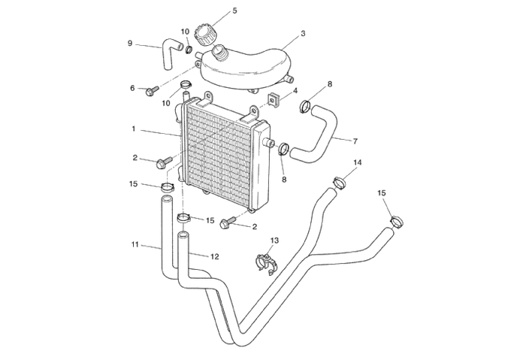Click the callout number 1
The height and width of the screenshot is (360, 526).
(x=134, y=129)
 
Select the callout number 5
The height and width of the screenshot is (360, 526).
(x=234, y=11)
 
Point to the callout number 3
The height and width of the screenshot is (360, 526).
(x=302, y=34)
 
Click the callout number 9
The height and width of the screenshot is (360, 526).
(x=131, y=44)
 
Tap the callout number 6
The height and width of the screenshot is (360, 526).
(x=132, y=88)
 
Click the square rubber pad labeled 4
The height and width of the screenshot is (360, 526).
(x=274, y=99)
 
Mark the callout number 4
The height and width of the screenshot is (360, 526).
(x=295, y=90)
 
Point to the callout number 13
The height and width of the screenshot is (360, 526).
(x=274, y=241)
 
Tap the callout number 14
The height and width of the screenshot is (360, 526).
(x=357, y=162)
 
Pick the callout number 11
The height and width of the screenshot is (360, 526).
(x=135, y=244)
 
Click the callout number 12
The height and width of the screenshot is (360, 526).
(x=214, y=256)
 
